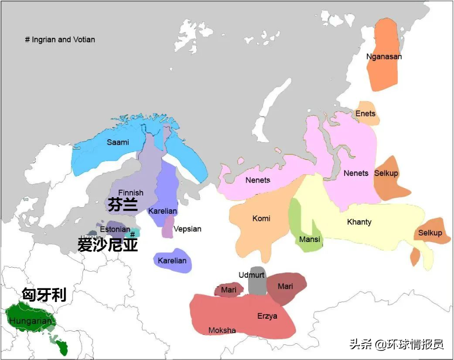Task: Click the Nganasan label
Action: click(x=384, y=56)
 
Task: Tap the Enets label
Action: click(x=365, y=113)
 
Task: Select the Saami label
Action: click(x=118, y=142)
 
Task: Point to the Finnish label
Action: click(x=131, y=193)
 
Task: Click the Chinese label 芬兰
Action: click(x=122, y=205)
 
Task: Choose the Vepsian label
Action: click(x=187, y=229)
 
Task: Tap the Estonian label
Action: click(x=115, y=229)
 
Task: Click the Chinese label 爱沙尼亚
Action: click(x=107, y=245)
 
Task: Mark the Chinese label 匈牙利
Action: click(x=44, y=294)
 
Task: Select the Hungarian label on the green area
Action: click(x=30, y=321)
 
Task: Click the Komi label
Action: click(x=261, y=218)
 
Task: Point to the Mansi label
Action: click(x=309, y=239)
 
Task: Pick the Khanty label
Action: click(x=359, y=222)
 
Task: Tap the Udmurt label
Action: click(x=251, y=275)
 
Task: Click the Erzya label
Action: click(x=267, y=316)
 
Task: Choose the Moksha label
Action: click(x=222, y=330)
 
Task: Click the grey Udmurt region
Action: click(x=257, y=286)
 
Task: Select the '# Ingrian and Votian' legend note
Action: click(x=60, y=39)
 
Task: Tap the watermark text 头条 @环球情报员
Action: click(x=396, y=344)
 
